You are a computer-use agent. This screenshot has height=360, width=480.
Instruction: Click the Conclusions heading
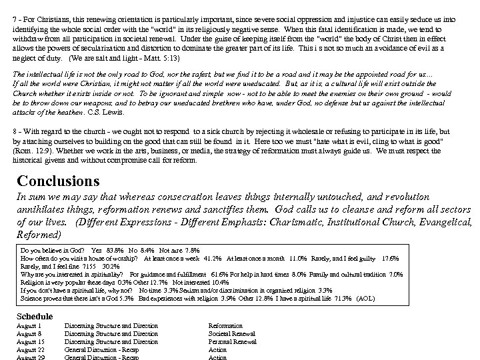coord(58,181)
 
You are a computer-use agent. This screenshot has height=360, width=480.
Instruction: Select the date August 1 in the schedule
coord(28,326)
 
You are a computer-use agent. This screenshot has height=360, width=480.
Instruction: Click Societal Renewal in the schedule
coord(232,334)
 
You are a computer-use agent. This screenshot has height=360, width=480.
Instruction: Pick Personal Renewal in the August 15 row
coord(233,342)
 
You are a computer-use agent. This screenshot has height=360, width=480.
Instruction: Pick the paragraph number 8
coord(15,132)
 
